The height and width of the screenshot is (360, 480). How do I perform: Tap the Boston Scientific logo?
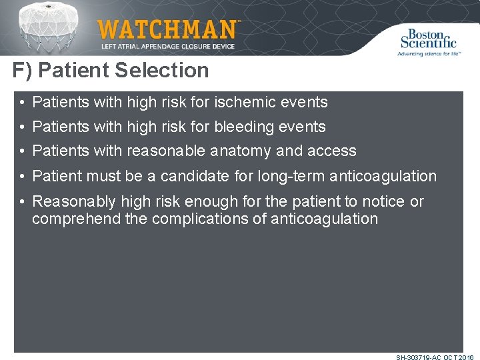428,39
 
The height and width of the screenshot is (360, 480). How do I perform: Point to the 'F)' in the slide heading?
24,70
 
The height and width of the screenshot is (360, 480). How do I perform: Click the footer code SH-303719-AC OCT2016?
435,357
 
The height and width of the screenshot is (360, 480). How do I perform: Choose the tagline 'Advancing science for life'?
428,53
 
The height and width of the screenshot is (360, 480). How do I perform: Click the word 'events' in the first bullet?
307,102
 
